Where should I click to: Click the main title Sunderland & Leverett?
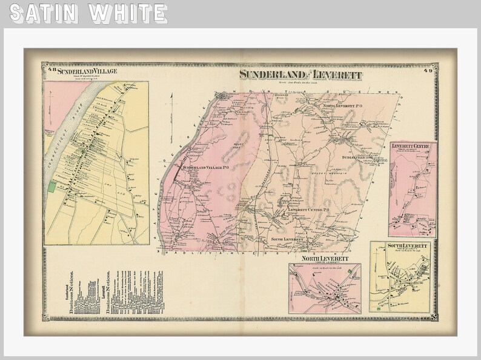pyautogui.click(x=300, y=75)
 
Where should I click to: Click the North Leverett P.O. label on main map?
pyautogui.click(x=342, y=106)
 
